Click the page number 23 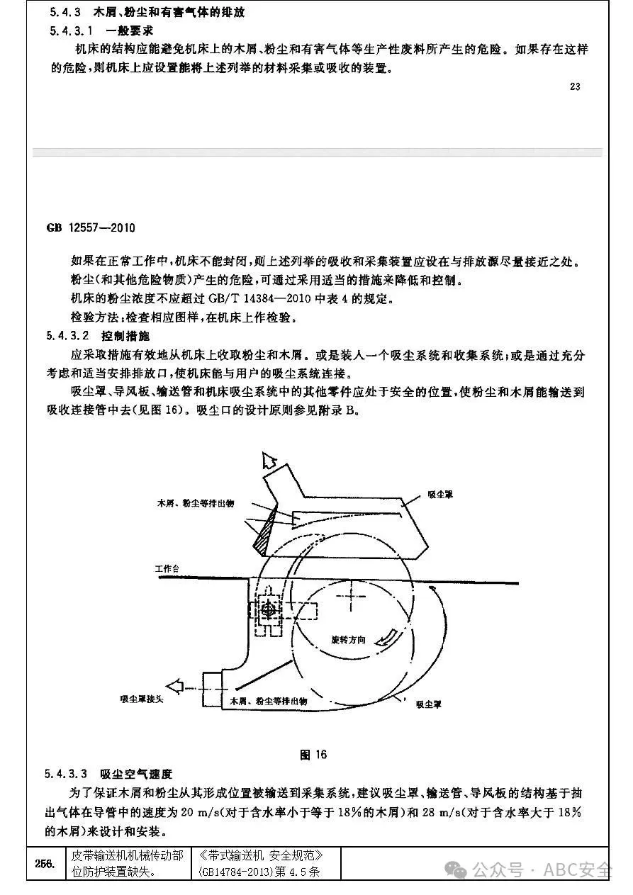tap(574, 87)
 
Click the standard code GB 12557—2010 tap(91, 228)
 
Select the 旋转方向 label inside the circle tap(348, 639)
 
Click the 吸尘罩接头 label tap(142, 699)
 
